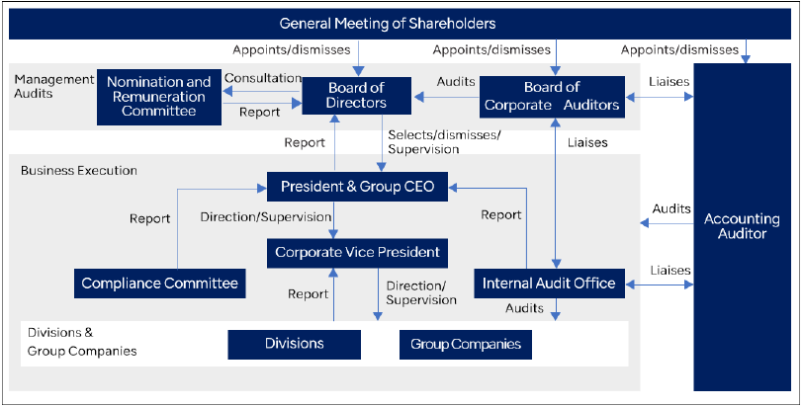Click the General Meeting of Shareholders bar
(x=400, y=24)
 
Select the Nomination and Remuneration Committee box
(x=159, y=97)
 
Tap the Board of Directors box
(x=356, y=95)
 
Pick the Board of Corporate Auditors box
(x=552, y=97)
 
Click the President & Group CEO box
(x=357, y=187)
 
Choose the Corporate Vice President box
(x=357, y=253)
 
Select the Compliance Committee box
(x=160, y=284)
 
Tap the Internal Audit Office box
(x=549, y=284)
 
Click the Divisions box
(x=295, y=344)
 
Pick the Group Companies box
(x=466, y=344)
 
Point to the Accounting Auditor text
(x=742, y=226)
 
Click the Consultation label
(x=263, y=78)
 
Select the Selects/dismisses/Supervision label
(x=444, y=142)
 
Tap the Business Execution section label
(x=79, y=170)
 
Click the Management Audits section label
(x=54, y=86)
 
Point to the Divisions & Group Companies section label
(x=82, y=342)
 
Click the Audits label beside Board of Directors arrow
(x=456, y=82)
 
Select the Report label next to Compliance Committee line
(x=149, y=219)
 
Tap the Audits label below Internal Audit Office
(x=524, y=308)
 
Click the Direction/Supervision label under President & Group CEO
(x=266, y=216)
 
